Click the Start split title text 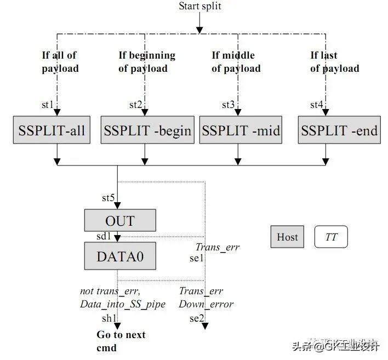tap(200, 6)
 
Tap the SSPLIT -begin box tap(147, 130)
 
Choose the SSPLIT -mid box tap(241, 130)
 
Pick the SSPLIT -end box tap(339, 130)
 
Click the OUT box tap(119, 221)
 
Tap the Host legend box tap(287, 237)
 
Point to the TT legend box tap(331, 237)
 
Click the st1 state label tap(48, 105)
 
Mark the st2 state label tap(135, 105)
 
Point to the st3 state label tap(228, 105)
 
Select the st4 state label tap(316, 105)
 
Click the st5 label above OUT tap(108, 198)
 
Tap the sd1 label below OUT tap(103, 237)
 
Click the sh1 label tap(109, 318)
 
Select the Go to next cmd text tap(121, 341)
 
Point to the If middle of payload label tap(236, 62)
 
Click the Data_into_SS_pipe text tap(123, 304)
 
